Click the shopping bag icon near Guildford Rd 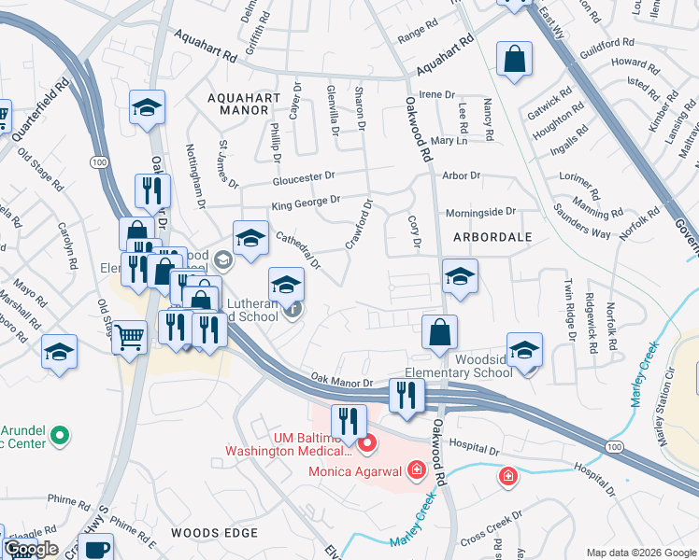pyautogui.click(x=514, y=61)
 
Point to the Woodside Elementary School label pyautogui.click(x=483, y=366)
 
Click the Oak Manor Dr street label pyautogui.click(x=342, y=382)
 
